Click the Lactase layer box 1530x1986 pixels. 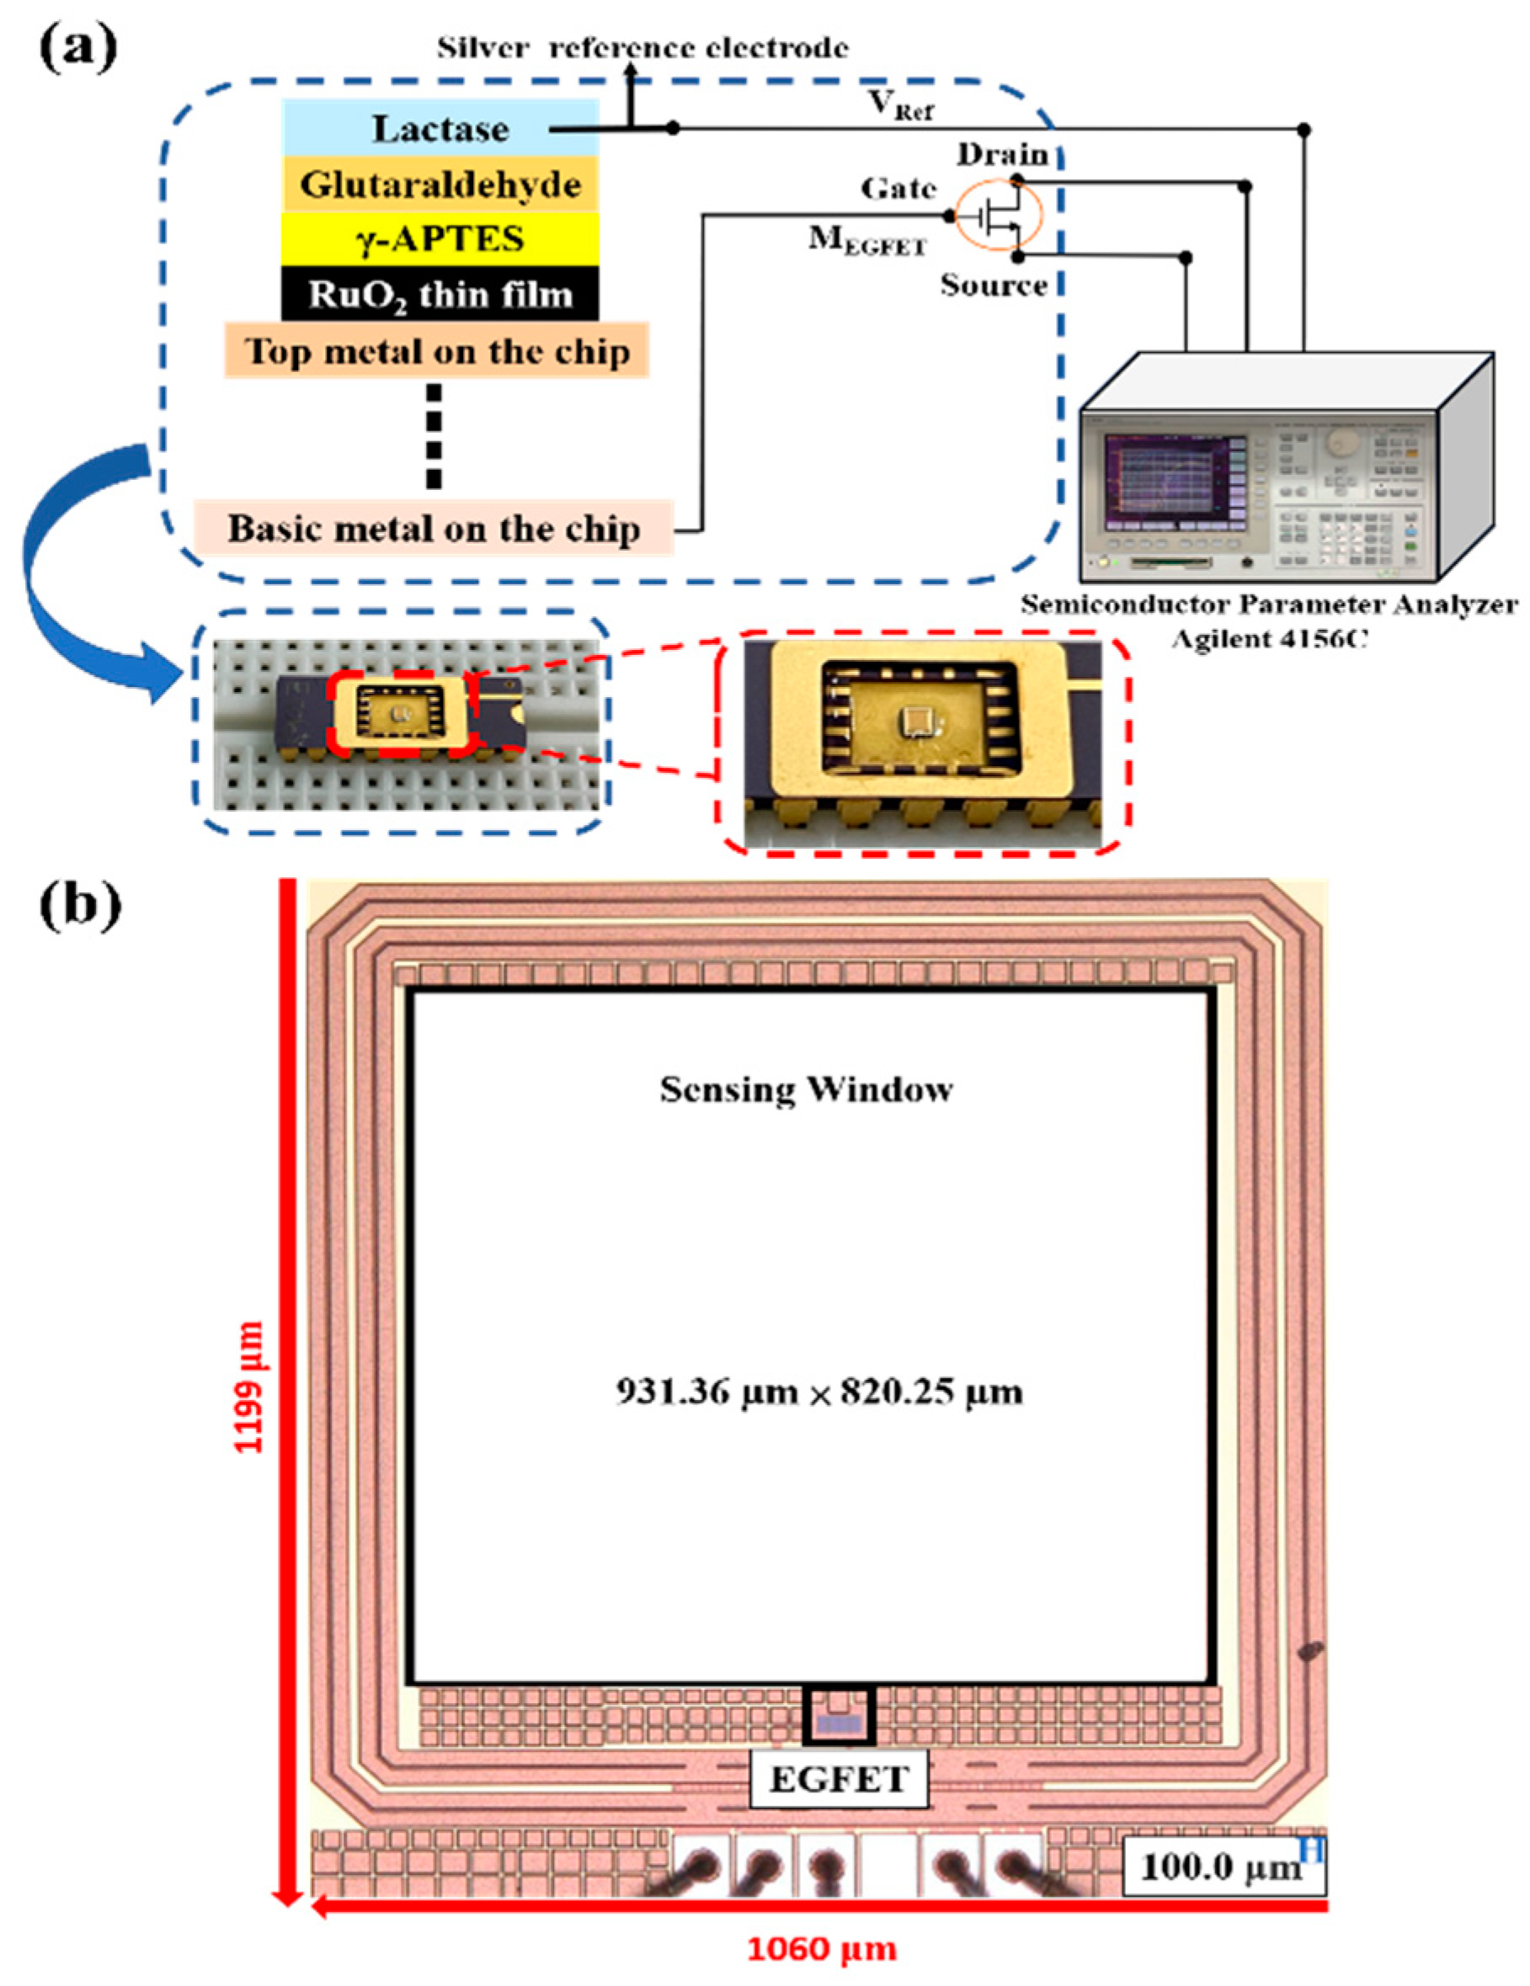[440, 128]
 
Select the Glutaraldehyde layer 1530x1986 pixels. [440, 184]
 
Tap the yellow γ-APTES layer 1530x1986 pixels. [440, 238]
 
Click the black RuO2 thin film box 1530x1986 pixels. [440, 294]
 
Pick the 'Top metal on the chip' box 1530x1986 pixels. [437, 351]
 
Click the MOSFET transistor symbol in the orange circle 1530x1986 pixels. [997, 216]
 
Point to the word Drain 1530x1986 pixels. [1001, 155]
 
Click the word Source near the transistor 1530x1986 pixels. [994, 285]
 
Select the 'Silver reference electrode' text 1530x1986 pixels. [642, 48]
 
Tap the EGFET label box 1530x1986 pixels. [838, 1779]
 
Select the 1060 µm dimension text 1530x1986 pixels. [821, 1949]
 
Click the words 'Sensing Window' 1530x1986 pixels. [806, 1089]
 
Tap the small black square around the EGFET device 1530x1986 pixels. [839, 1715]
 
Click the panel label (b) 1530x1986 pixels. [80, 906]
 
